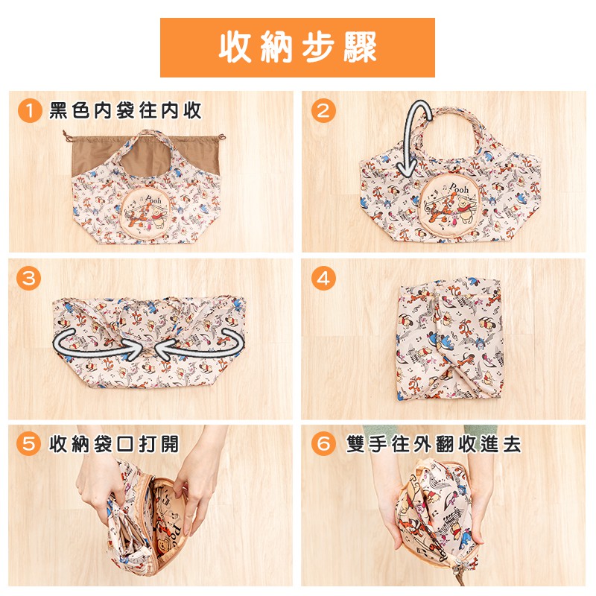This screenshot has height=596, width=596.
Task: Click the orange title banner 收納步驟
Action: tap(297, 48)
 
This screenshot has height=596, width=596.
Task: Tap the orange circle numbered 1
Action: tap(30, 110)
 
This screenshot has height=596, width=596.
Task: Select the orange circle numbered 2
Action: tap(323, 110)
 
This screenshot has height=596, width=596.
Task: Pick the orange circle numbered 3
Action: tap(28, 278)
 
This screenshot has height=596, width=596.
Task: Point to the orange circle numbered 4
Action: tap(323, 278)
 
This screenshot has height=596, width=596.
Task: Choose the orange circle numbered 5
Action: tap(28, 443)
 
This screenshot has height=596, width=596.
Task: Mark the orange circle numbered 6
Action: tap(323, 443)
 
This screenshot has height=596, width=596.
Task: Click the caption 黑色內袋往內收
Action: tap(125, 110)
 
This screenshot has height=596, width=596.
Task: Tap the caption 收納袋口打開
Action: tap(114, 443)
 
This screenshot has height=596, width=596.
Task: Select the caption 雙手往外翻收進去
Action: tap(434, 443)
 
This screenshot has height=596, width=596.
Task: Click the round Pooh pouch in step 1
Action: tap(145, 212)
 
